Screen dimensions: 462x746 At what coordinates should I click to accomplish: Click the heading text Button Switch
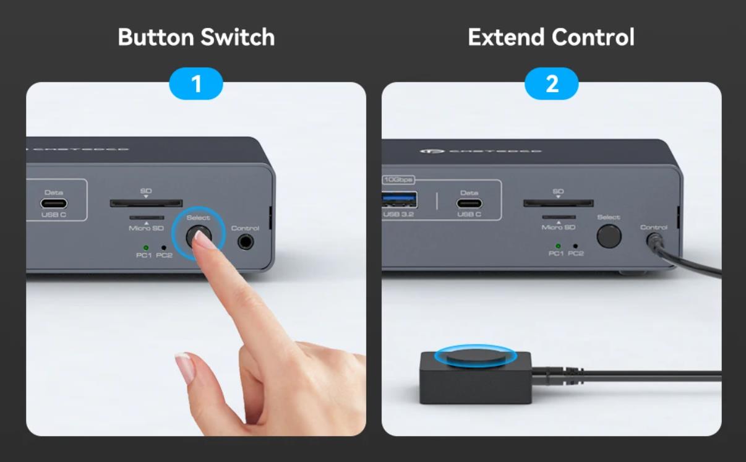point(196,37)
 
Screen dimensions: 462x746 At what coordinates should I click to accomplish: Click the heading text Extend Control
point(551,37)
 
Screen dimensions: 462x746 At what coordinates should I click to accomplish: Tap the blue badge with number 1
point(196,83)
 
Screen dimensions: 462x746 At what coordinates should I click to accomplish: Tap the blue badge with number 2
point(551,83)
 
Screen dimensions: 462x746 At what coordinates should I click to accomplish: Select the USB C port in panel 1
point(54,203)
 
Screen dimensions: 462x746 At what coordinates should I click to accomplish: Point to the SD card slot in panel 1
point(146,203)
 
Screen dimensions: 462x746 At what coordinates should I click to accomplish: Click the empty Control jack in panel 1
point(246,242)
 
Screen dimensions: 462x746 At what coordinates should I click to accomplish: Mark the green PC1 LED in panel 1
point(145,247)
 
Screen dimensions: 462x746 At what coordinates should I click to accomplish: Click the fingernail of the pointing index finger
point(204,239)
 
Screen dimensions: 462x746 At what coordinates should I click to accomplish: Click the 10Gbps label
point(398,180)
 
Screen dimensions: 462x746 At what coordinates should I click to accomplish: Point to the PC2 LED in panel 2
point(575,246)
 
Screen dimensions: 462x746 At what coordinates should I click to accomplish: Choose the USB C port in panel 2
point(469,203)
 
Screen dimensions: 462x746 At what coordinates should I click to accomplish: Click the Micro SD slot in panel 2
point(559,217)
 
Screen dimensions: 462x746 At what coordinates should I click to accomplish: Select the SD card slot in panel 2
point(558,203)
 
